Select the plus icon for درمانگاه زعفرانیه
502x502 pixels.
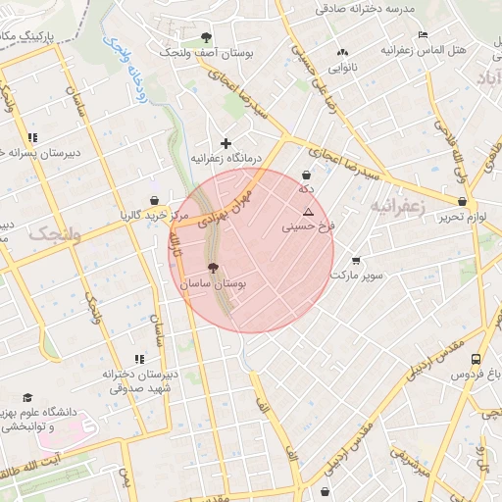[226, 143]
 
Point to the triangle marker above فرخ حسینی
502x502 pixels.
[308, 211]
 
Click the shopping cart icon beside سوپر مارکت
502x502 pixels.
[355, 261]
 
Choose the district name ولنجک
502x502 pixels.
[54, 233]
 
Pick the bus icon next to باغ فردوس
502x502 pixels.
[476, 360]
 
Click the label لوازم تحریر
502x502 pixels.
[463, 216]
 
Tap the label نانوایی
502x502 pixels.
[341, 68]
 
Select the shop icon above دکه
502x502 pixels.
[307, 176]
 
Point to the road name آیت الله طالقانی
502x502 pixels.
[49, 465]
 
